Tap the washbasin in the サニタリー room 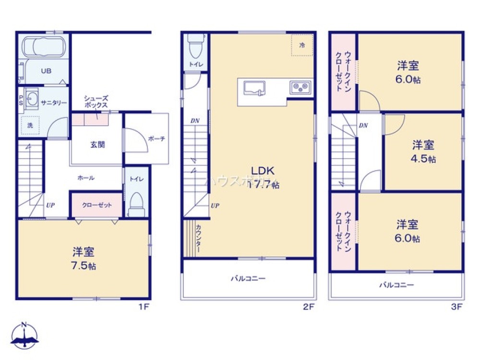32,100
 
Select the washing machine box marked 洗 30,125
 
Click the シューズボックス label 96,101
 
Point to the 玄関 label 97,144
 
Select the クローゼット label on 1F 96,205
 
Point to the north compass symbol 24,336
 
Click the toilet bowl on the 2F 195,48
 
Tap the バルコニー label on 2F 248,278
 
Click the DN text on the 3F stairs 363,125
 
